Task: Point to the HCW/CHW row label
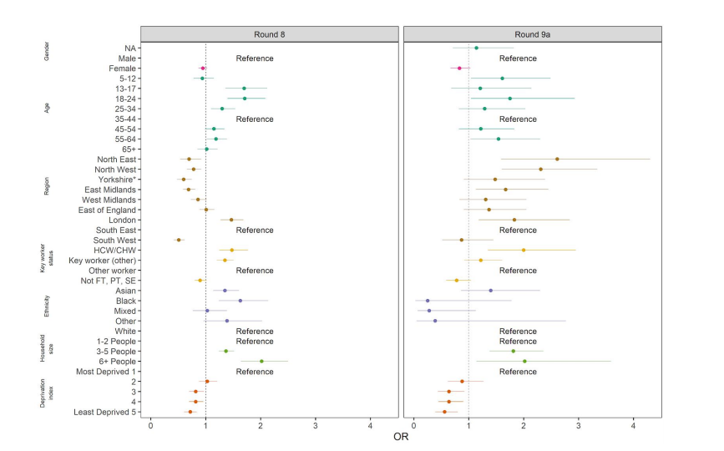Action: tap(115, 250)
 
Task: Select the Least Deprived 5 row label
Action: tap(104, 412)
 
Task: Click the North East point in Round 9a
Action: tap(557, 159)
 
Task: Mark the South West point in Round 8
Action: tap(178, 240)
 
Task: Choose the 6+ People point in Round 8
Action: tap(261, 362)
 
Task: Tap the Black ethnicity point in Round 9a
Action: tap(428, 301)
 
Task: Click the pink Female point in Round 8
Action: tap(202, 68)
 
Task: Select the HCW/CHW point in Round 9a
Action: tap(524, 250)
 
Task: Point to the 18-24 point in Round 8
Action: tap(245, 99)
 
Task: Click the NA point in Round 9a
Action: tap(476, 48)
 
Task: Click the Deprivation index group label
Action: tap(48, 391)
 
